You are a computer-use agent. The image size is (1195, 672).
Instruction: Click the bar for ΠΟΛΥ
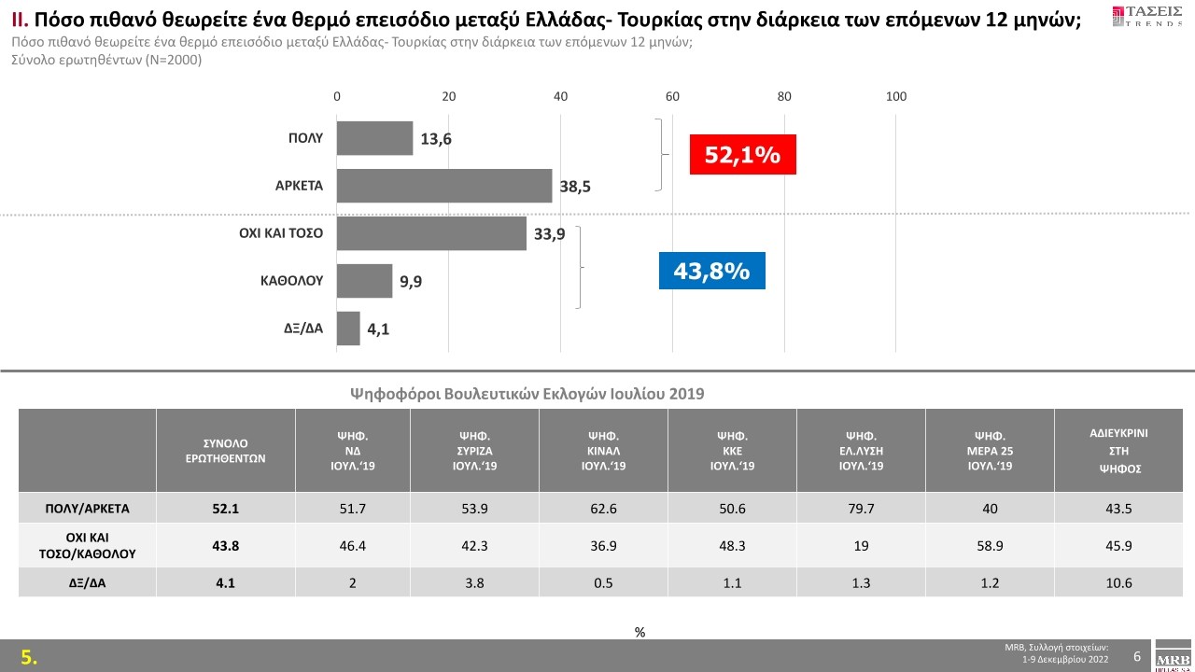point(374,138)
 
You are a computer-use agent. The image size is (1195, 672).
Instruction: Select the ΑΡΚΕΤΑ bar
point(444,186)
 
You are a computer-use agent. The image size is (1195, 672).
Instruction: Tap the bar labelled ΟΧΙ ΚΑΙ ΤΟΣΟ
point(431,233)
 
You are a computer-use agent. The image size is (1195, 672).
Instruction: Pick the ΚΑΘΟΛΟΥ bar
point(364,280)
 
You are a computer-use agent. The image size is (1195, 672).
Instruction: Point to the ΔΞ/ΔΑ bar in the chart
point(348,329)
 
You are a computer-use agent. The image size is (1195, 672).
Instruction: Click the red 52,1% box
point(742,155)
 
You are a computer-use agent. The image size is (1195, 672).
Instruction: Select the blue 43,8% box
point(711,271)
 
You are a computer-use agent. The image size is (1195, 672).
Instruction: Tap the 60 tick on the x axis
point(672,97)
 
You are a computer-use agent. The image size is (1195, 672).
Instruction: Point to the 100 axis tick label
point(896,97)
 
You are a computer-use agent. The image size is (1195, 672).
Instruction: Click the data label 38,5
point(575,188)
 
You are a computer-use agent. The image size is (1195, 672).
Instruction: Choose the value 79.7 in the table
point(861,510)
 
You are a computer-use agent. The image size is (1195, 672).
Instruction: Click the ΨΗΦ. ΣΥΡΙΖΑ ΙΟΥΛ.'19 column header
point(475,451)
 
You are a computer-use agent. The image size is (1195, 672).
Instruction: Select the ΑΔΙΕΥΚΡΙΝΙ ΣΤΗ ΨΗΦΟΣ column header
point(1118,451)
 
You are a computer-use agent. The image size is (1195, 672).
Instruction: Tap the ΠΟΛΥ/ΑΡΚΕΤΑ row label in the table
point(88,510)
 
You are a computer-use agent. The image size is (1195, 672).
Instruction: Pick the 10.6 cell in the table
point(1118,583)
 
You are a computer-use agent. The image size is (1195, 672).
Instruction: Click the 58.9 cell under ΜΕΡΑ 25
point(990,546)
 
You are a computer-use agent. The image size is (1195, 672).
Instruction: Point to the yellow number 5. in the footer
point(30,657)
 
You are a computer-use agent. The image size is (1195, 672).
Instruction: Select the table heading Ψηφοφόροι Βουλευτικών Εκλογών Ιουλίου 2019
point(527,394)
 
